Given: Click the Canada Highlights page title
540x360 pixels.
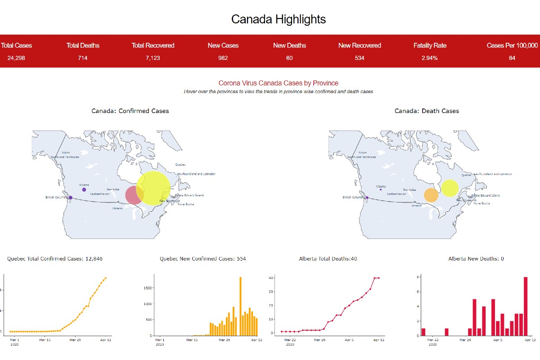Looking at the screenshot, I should [278, 19].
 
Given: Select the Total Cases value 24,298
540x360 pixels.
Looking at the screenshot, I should [17, 58].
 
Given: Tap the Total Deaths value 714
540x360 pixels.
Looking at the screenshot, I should [83, 58].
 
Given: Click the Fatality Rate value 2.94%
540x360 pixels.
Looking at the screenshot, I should [430, 58].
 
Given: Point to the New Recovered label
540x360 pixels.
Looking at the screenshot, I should [360, 45].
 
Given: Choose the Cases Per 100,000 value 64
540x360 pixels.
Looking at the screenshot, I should [512, 58].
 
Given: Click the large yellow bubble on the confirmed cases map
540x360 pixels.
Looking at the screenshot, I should [153, 188].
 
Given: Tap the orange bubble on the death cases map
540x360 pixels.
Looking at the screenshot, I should [431, 195].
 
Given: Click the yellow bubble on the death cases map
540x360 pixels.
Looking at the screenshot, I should [450, 188].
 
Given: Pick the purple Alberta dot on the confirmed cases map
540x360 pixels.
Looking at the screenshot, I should [84, 190].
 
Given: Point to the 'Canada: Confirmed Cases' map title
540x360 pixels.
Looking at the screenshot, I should [130, 111].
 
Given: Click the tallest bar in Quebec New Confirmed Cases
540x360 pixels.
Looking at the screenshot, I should [240, 306].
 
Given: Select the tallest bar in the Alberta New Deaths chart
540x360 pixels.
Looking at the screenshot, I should [525, 306].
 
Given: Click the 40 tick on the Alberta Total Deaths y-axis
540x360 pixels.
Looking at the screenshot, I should [271, 278].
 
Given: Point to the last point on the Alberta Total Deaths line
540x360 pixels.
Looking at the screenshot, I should [378, 278].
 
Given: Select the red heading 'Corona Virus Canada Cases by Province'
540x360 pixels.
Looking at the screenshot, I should [278, 83].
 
